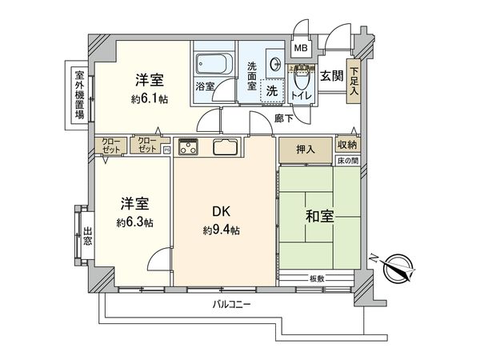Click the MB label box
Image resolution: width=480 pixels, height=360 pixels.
pos(302,48)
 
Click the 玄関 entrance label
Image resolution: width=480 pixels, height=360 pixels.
pos(332,75)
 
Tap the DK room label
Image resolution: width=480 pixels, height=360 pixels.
pos(221,212)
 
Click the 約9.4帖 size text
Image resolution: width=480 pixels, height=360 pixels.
pos(221,231)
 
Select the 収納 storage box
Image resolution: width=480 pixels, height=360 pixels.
pos(346,144)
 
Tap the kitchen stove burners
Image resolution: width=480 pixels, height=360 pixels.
pos(190,146)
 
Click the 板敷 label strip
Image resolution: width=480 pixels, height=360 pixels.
pos(318,278)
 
